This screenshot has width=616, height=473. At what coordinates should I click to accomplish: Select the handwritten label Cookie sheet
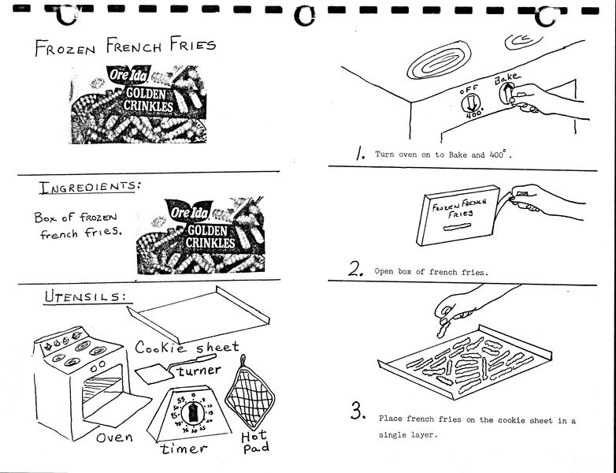187,348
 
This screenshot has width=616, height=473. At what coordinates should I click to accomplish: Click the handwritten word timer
184,449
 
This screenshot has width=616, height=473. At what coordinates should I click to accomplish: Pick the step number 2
357,270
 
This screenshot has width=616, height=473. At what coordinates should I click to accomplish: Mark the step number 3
358,411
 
